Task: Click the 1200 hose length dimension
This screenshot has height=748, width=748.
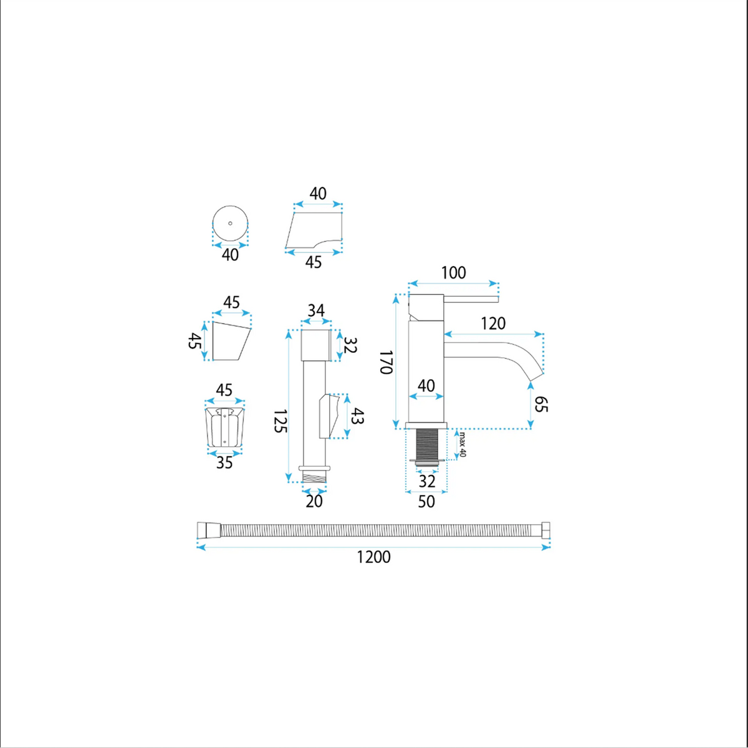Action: coord(373,557)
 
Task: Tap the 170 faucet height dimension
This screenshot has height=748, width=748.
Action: coord(386,362)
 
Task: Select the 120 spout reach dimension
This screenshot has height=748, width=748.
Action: coord(493,324)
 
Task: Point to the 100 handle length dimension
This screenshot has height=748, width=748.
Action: coord(453,273)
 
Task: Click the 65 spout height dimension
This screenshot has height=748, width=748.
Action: coord(540,404)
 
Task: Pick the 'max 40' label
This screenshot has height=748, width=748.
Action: coord(463,444)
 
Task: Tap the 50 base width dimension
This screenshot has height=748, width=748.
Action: coord(426,502)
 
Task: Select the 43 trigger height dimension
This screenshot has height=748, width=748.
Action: coord(357,416)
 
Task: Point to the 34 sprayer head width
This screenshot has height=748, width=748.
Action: coord(316,310)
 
